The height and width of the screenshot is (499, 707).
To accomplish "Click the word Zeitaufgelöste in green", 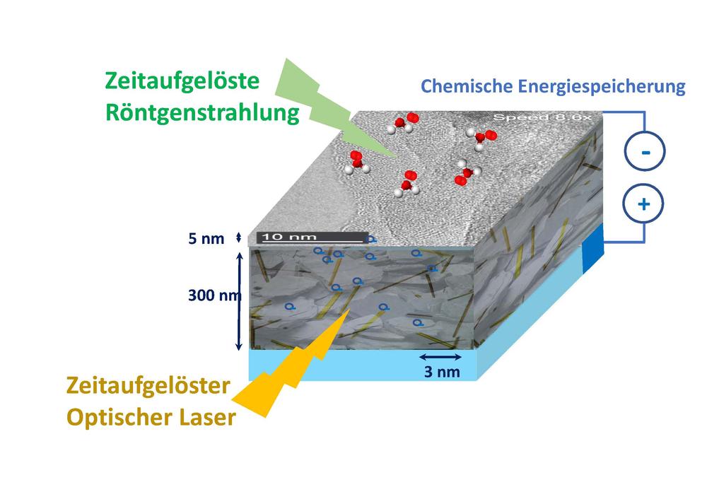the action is [182, 81].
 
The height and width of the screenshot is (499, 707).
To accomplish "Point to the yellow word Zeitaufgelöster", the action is [148, 386].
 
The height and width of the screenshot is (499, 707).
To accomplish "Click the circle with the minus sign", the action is [645, 151].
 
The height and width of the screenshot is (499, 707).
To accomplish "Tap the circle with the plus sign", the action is [643, 204].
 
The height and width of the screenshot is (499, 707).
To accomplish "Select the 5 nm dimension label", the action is [206, 238].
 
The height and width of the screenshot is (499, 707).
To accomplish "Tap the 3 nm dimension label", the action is [442, 372].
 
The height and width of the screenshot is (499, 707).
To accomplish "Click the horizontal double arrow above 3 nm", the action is [440, 357].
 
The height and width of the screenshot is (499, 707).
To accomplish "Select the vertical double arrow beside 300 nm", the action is [239, 301].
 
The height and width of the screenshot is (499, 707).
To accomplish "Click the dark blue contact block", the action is [592, 249].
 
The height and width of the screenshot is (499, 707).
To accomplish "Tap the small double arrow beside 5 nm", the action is [238, 237].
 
